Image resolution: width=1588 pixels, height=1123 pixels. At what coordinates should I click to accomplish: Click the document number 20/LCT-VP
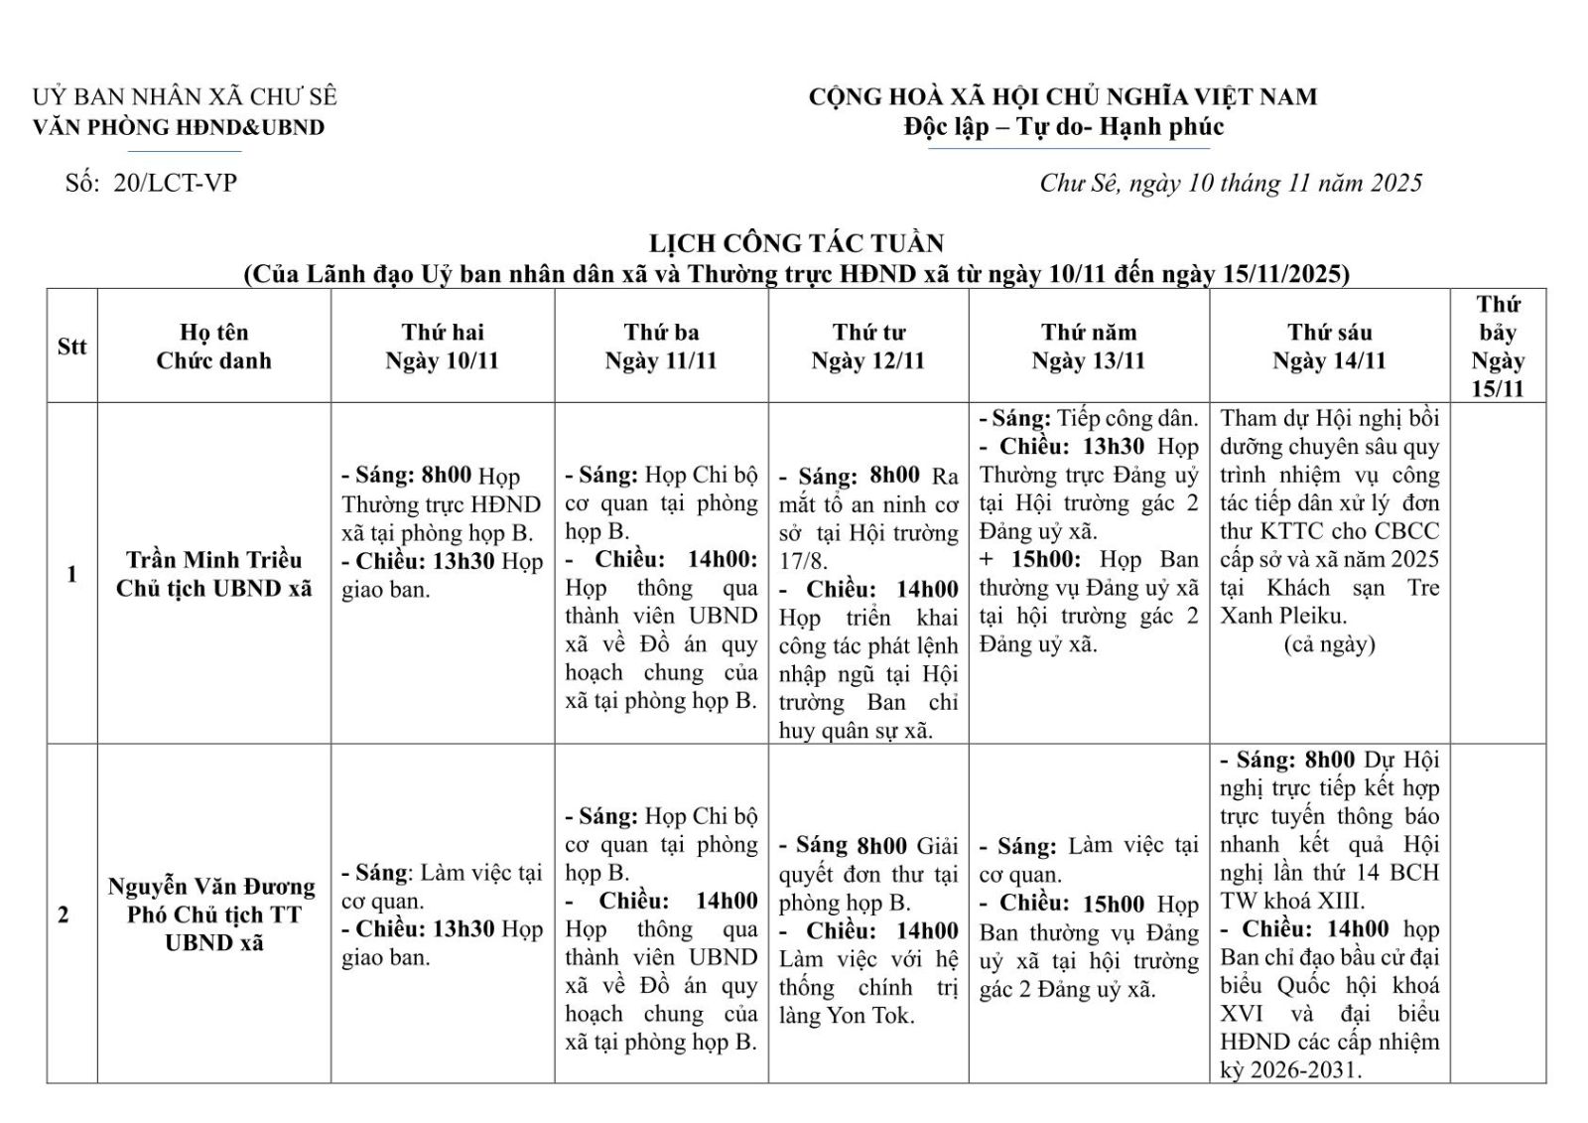click(175, 183)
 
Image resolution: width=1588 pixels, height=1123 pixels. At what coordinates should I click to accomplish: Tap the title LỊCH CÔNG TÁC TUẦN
click(796, 243)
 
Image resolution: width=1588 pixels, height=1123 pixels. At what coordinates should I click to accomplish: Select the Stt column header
click(71, 347)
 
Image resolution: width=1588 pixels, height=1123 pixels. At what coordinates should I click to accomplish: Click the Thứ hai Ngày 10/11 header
click(442, 347)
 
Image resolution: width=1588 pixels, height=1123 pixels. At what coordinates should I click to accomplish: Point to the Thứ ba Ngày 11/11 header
click(661, 347)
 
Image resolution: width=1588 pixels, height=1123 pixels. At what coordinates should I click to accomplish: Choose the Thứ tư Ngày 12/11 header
click(867, 347)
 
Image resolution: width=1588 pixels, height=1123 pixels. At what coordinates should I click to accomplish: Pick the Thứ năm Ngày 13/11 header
click(1088, 347)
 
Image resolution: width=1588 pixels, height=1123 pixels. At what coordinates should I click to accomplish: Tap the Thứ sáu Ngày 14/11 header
click(1328, 347)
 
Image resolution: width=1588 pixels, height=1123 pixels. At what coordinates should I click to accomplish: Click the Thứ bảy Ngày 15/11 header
click(1497, 347)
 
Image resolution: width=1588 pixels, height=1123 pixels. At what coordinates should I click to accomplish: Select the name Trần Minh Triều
click(213, 560)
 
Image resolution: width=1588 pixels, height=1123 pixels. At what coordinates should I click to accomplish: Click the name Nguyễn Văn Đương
click(212, 886)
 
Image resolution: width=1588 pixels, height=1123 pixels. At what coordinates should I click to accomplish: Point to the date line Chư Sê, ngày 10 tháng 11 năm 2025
click(1231, 183)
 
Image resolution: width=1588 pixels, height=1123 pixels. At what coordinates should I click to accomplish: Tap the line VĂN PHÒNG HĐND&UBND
click(179, 127)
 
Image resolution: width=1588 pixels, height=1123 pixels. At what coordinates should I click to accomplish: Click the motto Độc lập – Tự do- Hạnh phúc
click(1063, 127)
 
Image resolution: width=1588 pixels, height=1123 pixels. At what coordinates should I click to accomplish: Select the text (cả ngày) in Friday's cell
click(1329, 644)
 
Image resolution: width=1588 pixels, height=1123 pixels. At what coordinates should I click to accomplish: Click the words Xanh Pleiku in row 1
click(1283, 616)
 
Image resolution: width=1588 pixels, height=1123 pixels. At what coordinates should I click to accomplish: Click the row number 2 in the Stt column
click(64, 914)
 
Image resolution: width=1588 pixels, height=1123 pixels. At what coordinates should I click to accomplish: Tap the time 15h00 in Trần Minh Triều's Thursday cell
click(1045, 560)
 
